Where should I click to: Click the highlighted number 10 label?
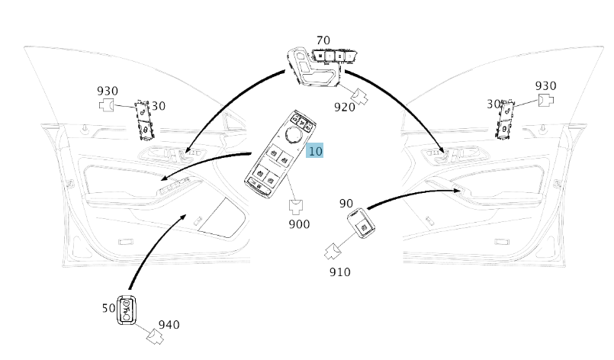tap(315, 151)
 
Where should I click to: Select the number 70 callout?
tap(323, 40)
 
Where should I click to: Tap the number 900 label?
tap(299, 224)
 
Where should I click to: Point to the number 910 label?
tap(340, 271)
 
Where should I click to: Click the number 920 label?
tap(345, 107)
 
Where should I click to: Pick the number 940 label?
tap(169, 325)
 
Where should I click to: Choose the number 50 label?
tap(108, 308)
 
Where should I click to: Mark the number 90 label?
tap(346, 204)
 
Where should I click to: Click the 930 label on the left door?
tap(108, 91)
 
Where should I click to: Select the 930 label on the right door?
tap(545, 86)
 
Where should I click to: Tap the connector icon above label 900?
tap(297, 205)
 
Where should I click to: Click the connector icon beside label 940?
tap(155, 336)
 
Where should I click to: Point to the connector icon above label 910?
tap(333, 251)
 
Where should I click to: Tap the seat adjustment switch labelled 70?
tap(317, 65)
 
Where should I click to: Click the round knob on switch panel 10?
tap(293, 135)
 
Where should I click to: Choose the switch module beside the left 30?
tap(142, 120)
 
